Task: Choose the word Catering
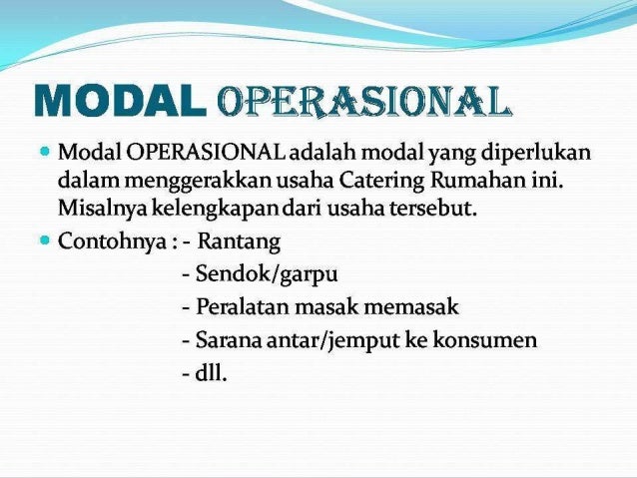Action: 360,183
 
